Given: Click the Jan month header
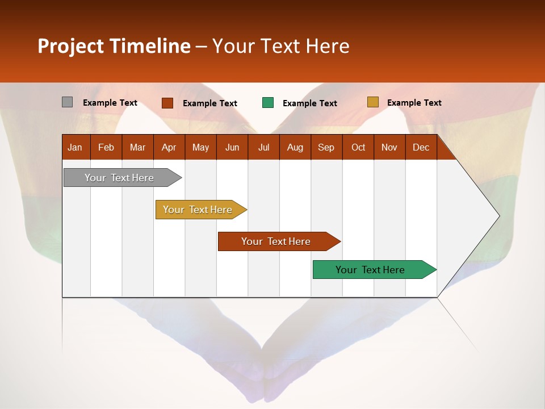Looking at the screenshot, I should [75, 147].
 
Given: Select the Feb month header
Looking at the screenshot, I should [106, 147].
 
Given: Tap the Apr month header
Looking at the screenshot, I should [169, 147].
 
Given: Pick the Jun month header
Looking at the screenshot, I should [232, 147].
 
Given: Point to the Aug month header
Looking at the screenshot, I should [295, 147].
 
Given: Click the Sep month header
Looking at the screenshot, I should [326, 147].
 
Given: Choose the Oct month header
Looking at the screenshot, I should [358, 147].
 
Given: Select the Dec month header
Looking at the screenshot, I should [421, 147].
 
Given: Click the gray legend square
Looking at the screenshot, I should [67, 102].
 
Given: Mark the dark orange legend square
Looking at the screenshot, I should [167, 103].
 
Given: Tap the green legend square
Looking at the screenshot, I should [268, 103].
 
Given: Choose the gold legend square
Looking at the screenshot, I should [372, 102].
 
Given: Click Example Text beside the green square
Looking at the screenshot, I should [309, 103].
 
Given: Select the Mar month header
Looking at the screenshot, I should [137, 147].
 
